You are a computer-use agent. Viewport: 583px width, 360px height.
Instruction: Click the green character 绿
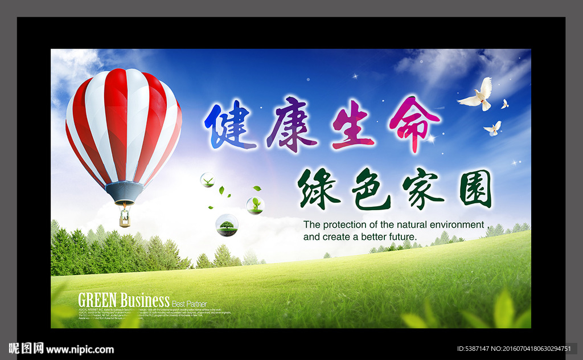coord(318,189)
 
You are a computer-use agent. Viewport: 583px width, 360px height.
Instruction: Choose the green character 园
coord(475,189)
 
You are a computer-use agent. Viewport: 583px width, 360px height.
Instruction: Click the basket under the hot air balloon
coord(124,219)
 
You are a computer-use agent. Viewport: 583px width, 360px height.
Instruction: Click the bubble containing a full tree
coord(227,225)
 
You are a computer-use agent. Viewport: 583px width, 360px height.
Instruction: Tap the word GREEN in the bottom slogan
coord(98,300)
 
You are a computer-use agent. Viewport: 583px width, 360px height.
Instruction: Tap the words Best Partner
coord(190,304)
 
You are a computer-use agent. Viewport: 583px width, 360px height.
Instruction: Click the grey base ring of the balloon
coord(124,193)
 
